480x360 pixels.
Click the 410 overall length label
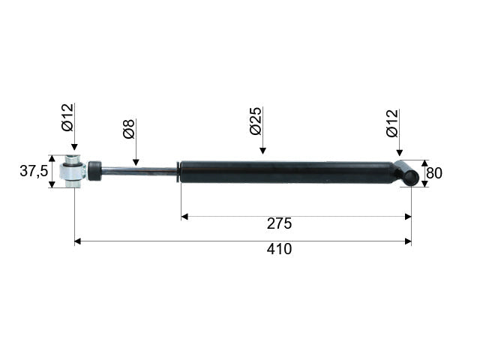pyautogui.click(x=279, y=249)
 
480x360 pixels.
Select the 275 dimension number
pyautogui.click(x=279, y=223)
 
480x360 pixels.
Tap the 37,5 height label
pyautogui.click(x=34, y=171)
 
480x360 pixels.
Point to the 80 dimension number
pyautogui.click(x=434, y=173)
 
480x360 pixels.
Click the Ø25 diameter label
pyautogui.click(x=256, y=121)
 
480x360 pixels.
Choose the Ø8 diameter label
pyautogui.click(x=129, y=129)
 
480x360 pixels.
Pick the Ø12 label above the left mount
pyautogui.click(x=67, y=118)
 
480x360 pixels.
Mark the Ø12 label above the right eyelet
pyautogui.click(x=392, y=123)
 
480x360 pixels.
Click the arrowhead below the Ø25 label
pyautogui.click(x=262, y=150)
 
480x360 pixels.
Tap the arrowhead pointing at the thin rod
pyautogui.click(x=136, y=162)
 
